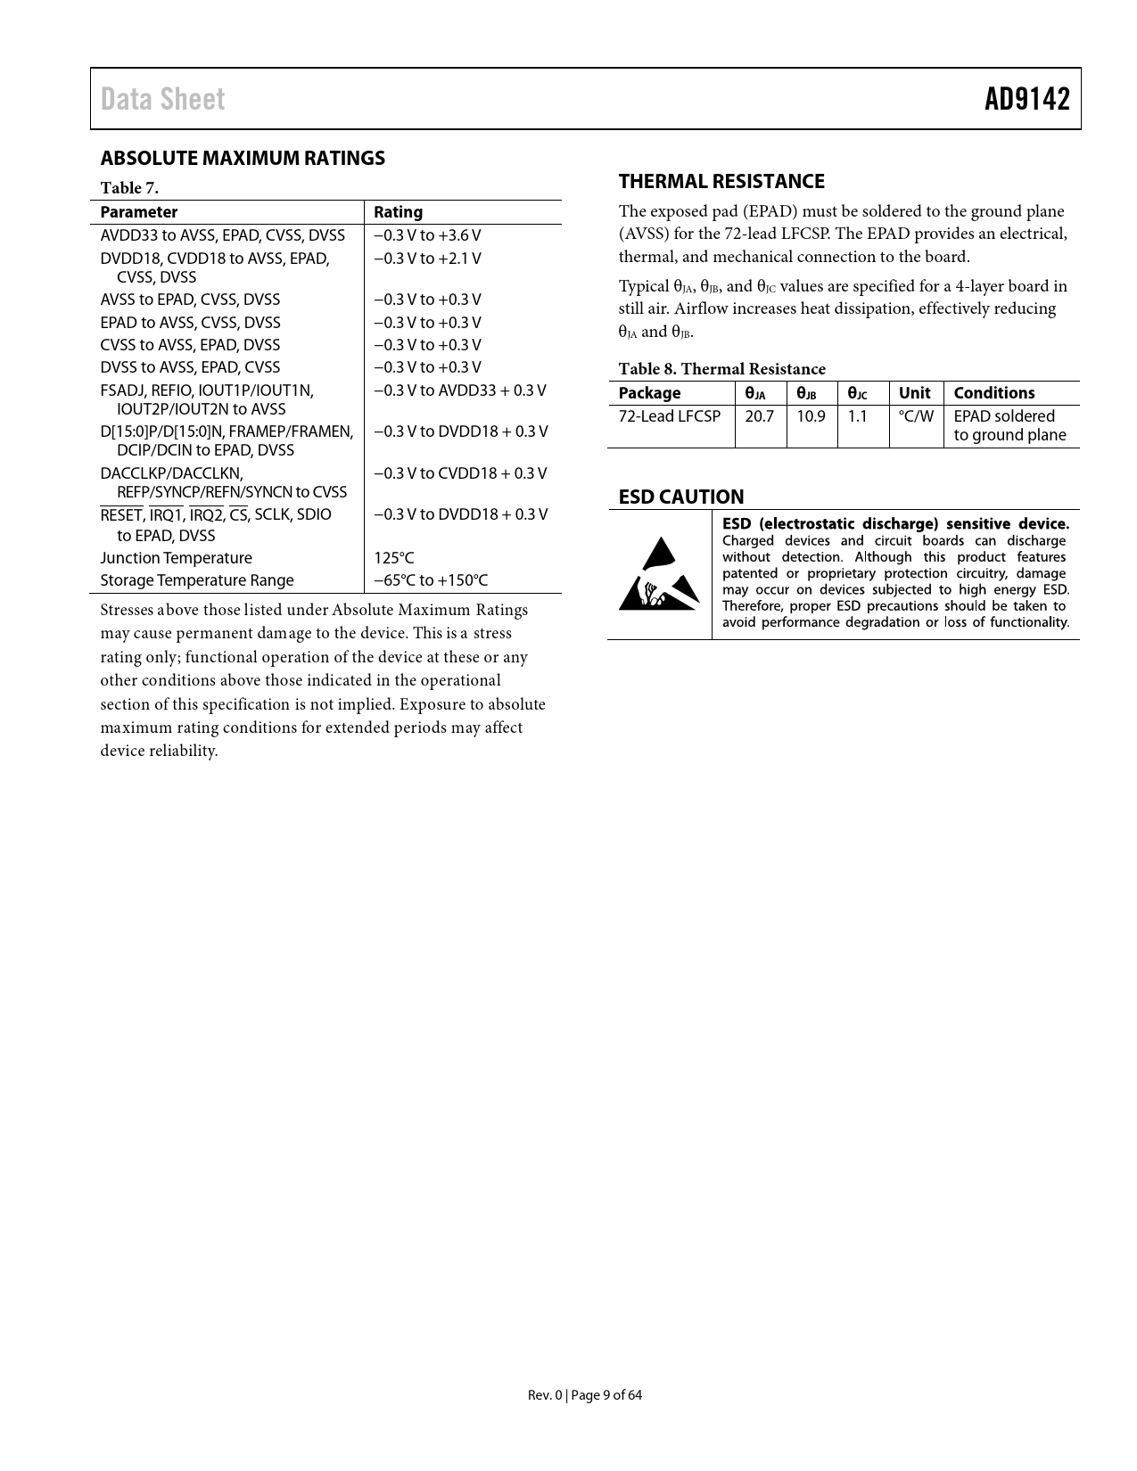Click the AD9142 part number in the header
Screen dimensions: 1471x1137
1026,99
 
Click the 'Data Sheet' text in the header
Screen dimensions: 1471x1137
162,99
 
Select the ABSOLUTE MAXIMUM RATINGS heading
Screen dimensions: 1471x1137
243,159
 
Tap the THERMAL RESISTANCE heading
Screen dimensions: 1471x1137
721,182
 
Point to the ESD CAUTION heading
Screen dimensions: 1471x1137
680,497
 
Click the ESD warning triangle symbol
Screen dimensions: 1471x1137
659,574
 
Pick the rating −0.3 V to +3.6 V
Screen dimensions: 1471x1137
427,235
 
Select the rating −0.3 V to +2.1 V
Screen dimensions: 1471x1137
427,259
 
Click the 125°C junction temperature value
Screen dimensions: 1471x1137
393,558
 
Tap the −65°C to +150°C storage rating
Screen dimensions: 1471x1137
431,580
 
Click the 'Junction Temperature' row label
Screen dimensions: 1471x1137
176,558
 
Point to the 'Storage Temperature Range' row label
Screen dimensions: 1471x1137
196,580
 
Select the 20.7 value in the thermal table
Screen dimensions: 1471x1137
759,416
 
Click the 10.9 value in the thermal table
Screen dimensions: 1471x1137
811,416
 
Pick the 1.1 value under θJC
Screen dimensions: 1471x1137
857,416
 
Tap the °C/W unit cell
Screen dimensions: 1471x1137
916,416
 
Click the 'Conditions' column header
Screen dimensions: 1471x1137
993,393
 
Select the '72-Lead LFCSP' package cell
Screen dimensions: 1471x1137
669,416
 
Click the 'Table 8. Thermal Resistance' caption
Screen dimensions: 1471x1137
721,369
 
